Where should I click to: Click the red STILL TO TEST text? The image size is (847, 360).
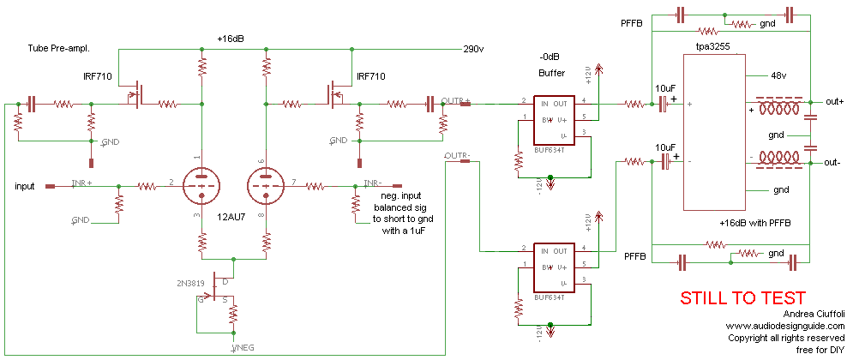(742, 298)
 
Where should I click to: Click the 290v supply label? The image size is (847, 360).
(473, 48)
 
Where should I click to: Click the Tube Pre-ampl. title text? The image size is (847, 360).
(59, 48)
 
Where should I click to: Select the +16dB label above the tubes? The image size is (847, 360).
(232, 39)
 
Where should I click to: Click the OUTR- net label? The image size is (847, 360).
(456, 156)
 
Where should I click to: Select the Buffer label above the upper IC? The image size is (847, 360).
(553, 73)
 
